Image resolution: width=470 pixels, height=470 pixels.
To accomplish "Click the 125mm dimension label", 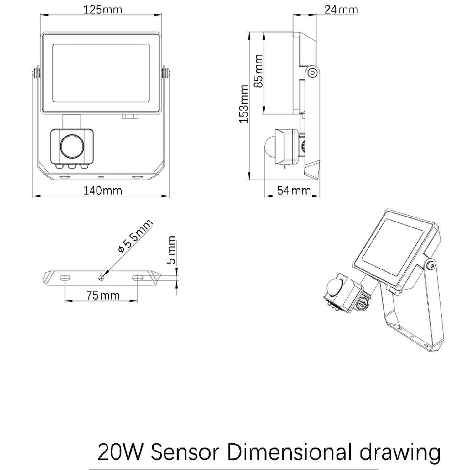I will coord(102,10).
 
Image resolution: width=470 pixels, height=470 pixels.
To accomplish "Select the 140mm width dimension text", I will coord(102,190).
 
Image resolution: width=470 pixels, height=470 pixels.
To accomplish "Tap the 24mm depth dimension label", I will coord(341,10).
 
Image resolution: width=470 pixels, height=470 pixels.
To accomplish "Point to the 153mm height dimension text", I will coord(244,104).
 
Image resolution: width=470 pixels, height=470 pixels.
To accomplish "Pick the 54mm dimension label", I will coord(294,190).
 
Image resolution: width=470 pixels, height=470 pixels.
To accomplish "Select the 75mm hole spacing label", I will coord(103,295).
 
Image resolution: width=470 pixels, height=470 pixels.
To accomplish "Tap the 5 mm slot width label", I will coord(171,250).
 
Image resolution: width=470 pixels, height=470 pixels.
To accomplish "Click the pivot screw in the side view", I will coord(312,73).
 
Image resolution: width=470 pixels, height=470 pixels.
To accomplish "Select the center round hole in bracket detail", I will coord(101,277).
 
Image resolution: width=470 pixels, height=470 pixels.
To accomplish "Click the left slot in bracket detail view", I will coord(65,277).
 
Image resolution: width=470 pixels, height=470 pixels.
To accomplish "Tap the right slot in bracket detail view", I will coord(138,277).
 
